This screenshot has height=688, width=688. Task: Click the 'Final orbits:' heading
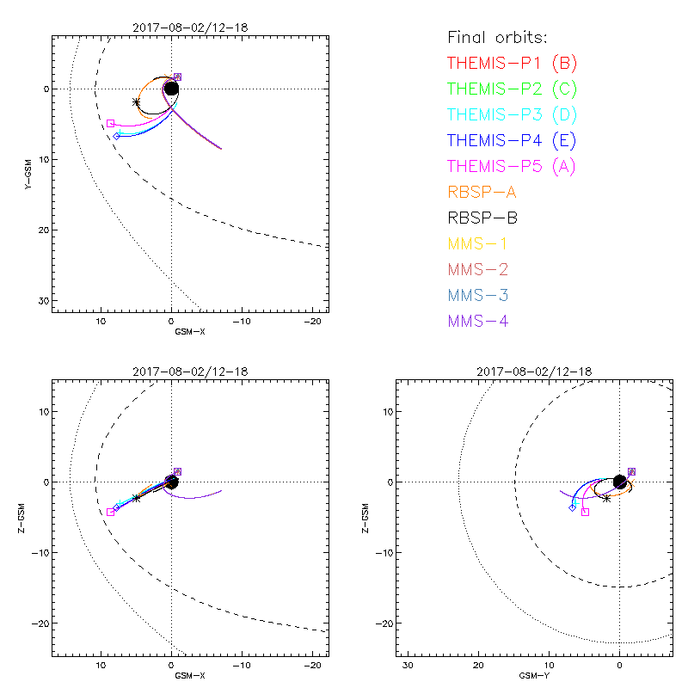(x=498, y=37)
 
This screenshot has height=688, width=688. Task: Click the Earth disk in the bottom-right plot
(x=620, y=482)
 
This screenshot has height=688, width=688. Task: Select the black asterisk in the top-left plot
(x=137, y=101)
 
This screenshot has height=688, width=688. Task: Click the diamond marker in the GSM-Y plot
(x=572, y=508)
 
